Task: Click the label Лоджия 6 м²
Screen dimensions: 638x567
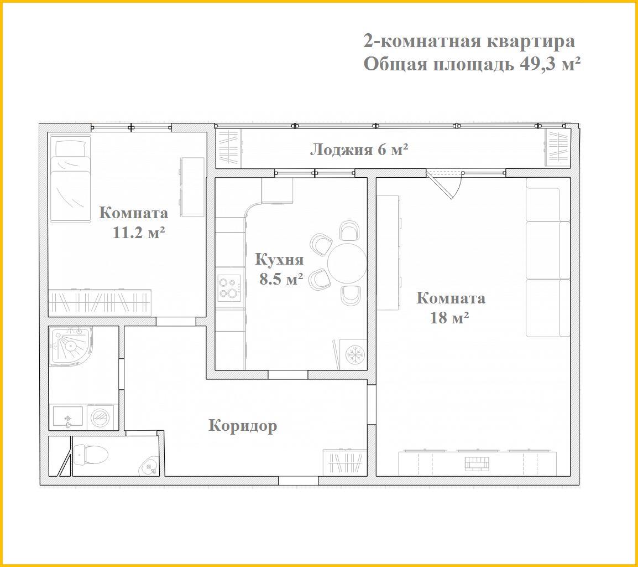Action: [359, 150]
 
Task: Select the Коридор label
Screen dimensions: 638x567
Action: [243, 426]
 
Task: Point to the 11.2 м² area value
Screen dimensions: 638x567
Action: [138, 233]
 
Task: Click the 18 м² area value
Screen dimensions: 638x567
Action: [449, 317]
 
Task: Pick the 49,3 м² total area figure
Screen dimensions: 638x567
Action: [550, 64]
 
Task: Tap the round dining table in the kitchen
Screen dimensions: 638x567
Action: [347, 263]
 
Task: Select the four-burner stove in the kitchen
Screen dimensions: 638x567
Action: [229, 288]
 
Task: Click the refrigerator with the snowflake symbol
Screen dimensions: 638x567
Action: [353, 354]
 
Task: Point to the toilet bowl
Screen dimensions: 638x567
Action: [90, 453]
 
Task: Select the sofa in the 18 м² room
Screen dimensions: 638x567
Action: [548, 257]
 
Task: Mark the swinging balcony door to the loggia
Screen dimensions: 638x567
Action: [446, 184]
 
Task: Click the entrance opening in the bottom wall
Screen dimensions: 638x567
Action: [298, 481]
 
